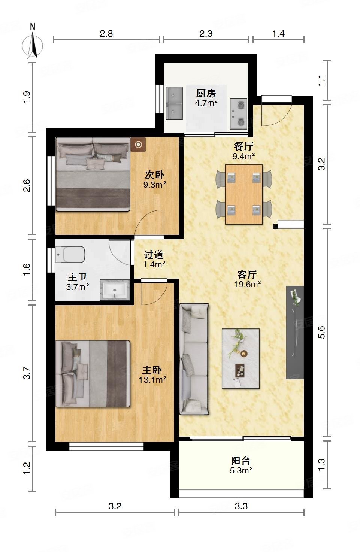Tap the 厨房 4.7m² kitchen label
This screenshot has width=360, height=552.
coord(206,98)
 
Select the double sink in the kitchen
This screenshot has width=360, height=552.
coord(174,103)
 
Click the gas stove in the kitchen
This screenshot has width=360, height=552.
coord(238,114)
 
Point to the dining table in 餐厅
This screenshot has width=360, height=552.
coord(243,194)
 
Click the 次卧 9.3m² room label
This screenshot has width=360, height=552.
coord(155,179)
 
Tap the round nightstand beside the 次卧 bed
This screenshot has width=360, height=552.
coord(138,145)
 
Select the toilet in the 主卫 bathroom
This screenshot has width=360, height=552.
coord(70,255)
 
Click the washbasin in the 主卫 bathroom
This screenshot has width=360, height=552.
coord(115,290)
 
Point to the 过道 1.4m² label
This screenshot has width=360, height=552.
coord(154,259)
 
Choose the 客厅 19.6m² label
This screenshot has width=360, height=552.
coord(247,279)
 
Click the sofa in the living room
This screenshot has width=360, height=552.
coord(194,359)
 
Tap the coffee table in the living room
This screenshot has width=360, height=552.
coord(240,359)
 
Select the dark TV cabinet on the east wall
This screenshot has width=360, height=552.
coord(295,333)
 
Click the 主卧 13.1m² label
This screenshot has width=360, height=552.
coord(152,375)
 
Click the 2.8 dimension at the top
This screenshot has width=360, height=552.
coord(106,33)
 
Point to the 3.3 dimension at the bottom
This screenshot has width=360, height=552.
coord(241,506)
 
